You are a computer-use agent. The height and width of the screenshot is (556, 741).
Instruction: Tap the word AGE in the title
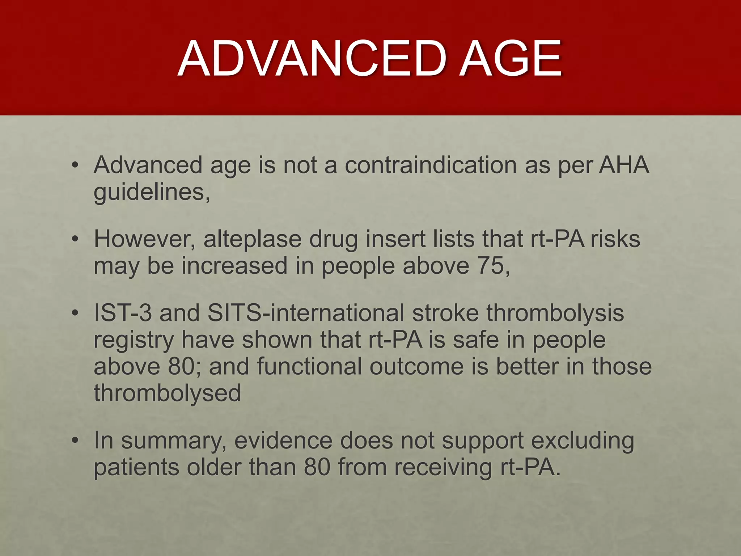pos(511,59)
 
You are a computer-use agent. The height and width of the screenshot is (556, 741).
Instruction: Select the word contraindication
pos(431,165)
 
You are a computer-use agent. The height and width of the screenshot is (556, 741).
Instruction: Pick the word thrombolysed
pos(167,393)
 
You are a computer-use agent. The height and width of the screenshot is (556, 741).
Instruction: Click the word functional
pos(309,366)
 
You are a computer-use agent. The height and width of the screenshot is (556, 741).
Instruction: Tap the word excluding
pos(583,441)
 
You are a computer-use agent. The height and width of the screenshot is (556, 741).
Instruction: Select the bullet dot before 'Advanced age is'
pos(75,166)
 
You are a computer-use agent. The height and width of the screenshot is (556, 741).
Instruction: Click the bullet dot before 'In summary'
pos(75,441)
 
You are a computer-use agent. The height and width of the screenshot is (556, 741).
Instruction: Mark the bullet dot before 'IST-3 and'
pos(75,313)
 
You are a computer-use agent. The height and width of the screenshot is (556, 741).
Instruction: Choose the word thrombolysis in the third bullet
pos(555,313)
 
